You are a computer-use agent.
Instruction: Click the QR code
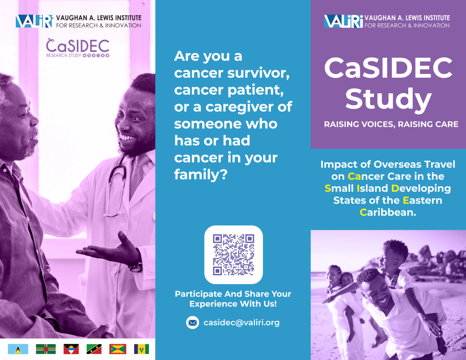(233, 255)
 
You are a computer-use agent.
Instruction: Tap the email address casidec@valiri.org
(241, 323)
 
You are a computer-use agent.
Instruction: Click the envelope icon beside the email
(192, 323)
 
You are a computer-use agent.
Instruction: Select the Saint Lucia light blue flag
(18, 349)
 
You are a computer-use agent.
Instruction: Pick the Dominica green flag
(46, 349)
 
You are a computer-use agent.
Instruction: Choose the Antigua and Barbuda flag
(71, 349)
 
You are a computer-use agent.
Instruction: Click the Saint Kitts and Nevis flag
(94, 349)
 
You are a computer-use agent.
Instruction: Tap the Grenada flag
(118, 349)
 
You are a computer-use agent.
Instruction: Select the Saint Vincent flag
(142, 349)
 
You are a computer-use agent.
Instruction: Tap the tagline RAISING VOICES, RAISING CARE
(391, 124)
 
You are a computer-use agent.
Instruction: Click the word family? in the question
(201, 174)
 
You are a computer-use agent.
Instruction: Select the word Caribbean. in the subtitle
(388, 212)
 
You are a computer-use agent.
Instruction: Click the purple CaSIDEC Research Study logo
(78, 48)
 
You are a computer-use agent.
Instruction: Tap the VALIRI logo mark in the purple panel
(343, 21)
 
